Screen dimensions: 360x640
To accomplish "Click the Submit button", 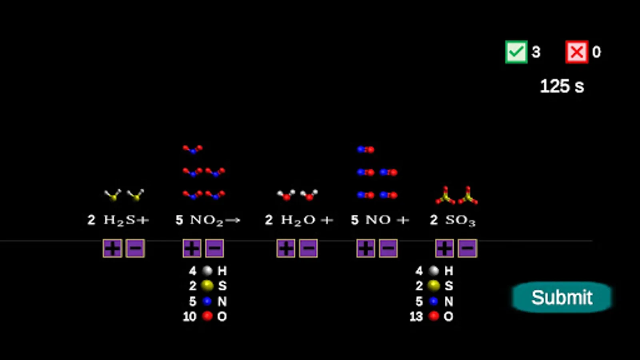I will tap(562, 297).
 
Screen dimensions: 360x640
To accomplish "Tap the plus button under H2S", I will tap(112, 248).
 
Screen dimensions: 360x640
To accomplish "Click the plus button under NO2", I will tap(192, 248).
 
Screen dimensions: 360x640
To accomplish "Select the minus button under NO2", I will tap(214, 248).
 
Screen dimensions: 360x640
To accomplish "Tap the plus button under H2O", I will tap(286, 248).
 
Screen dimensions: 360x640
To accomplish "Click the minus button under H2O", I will tap(308, 248).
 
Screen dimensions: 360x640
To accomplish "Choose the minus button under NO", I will tap(388, 248).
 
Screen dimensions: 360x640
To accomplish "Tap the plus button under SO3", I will tap(444, 248).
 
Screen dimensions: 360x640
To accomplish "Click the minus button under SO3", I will tap(467, 248).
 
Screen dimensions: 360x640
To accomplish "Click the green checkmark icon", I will tap(516, 52).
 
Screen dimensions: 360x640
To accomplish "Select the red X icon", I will tap(576, 52).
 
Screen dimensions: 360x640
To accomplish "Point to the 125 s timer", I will tap(562, 86).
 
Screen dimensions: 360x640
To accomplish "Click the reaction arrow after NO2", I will tap(233, 220).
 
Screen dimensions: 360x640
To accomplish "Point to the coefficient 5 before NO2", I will tap(179, 220).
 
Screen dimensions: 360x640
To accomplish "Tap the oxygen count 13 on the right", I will tap(416, 316).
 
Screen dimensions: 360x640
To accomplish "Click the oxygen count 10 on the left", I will tap(190, 316).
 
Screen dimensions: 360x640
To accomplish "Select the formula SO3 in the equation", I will tap(460, 220).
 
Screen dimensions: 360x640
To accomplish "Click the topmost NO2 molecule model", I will tap(193, 150).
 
